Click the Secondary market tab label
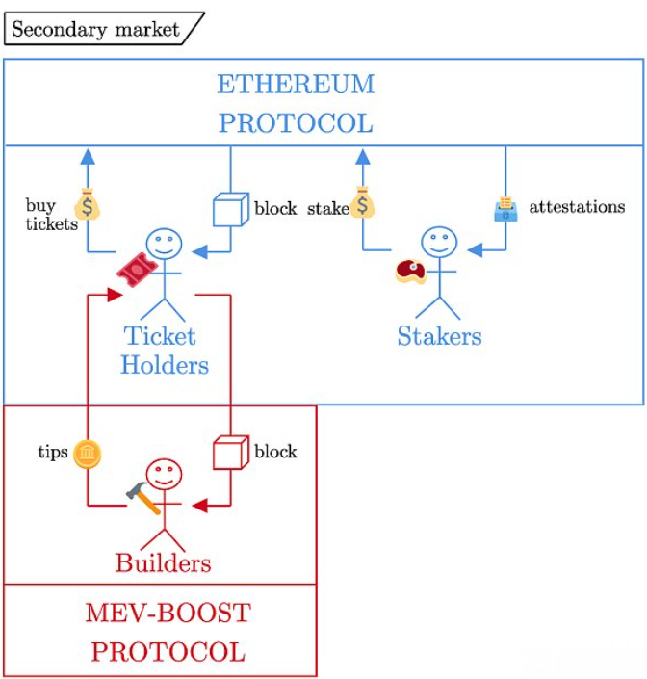pos(95,29)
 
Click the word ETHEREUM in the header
pos(295,85)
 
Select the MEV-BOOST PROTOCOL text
pos(168,632)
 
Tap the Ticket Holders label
pos(165,351)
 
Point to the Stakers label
pos(439,336)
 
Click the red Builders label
pos(163,562)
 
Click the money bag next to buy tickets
pos(88,205)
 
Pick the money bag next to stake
pos(363,202)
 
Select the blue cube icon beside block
pos(230,209)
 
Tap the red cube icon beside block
pos(230,452)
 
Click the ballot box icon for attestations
pos(505,209)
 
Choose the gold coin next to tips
pos(88,453)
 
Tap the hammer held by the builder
pos(142,497)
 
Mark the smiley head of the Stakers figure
pos(439,245)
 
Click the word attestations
pos(577,207)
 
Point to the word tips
pos(53,452)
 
